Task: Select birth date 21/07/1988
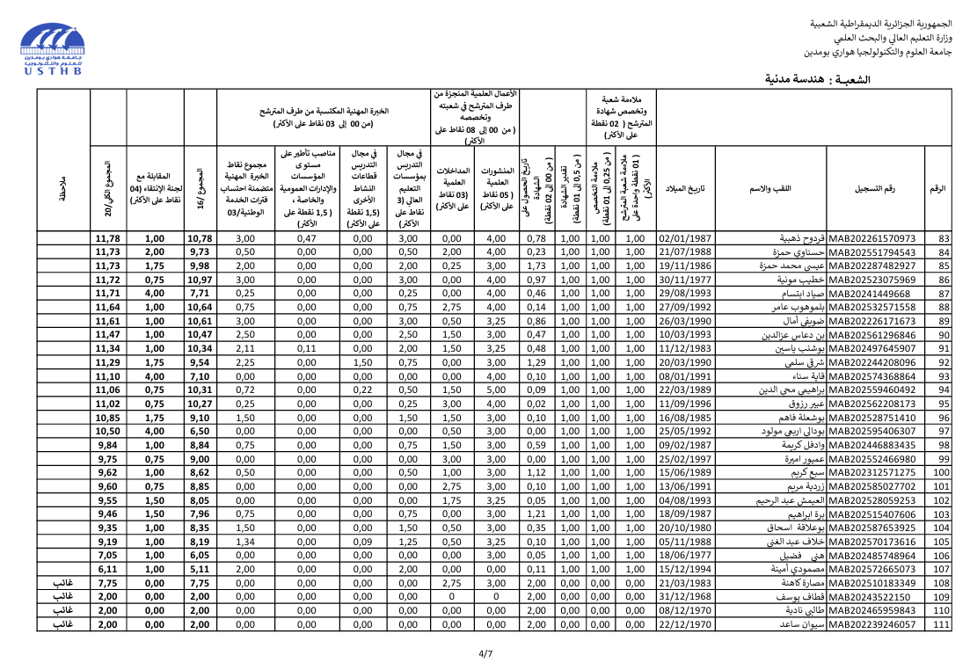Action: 685,252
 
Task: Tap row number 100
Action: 940,472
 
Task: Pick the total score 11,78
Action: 107,238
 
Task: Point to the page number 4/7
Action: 485,653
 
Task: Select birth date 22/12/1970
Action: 685,624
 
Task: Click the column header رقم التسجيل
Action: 875,189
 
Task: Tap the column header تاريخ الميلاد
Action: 686,189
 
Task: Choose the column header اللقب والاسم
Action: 770,189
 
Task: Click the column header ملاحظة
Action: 62,189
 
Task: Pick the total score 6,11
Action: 107,568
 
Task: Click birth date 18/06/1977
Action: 685,555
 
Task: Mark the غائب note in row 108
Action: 62,582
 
